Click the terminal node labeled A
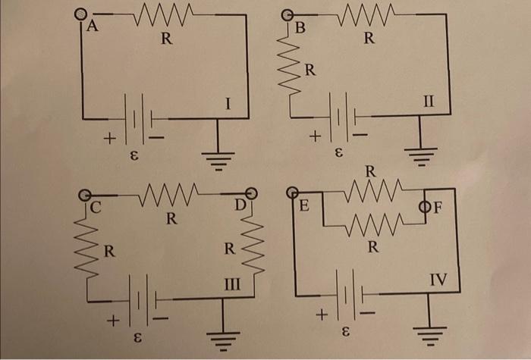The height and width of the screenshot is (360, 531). point(80,14)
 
